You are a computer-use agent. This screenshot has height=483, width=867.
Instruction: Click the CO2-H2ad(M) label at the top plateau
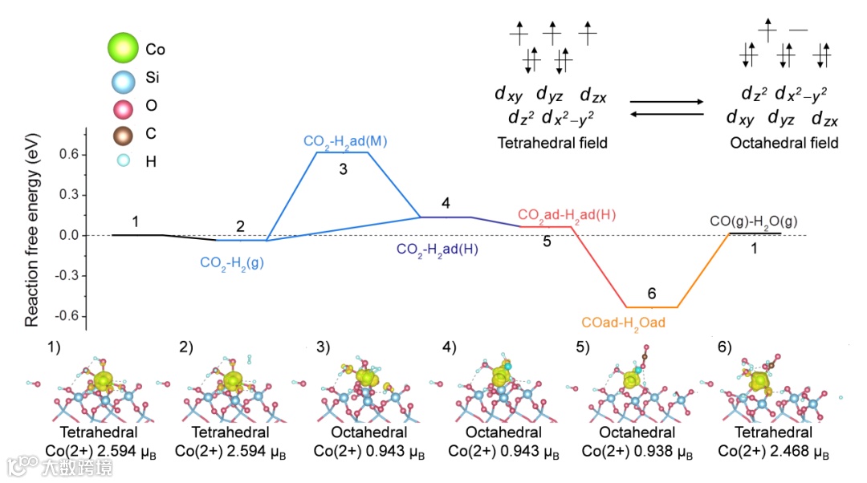point(342,141)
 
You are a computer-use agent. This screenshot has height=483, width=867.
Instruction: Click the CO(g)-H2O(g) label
point(753,221)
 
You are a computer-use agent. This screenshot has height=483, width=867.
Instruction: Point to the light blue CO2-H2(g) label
point(233,261)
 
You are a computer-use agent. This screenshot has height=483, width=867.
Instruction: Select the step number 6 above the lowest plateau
point(651,294)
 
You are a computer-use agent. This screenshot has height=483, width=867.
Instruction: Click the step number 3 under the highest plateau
point(343,169)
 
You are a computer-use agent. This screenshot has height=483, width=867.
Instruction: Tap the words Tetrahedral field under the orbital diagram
point(552,144)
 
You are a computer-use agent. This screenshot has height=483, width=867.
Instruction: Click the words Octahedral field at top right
point(784,144)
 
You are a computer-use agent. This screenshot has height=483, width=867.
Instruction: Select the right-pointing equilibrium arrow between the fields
point(666,102)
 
